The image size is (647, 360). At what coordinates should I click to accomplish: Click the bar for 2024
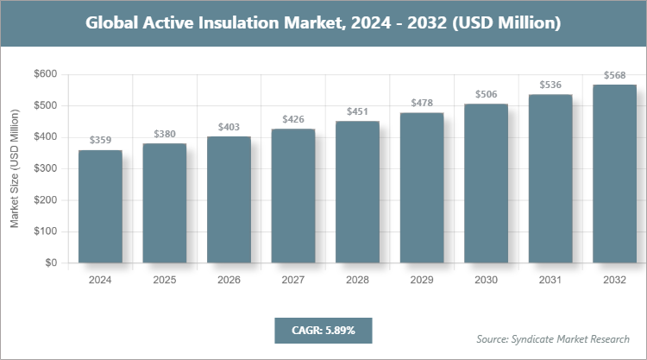pos(100,206)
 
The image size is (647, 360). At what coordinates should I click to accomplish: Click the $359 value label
pos(100,140)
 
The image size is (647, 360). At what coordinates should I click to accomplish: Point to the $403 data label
pos(229,126)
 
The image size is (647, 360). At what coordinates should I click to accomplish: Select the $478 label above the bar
pos(421,103)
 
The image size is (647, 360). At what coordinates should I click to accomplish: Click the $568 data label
pos(614,74)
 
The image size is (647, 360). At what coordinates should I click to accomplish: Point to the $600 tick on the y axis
pos(45,74)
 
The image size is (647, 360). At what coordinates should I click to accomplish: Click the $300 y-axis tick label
pos(45,168)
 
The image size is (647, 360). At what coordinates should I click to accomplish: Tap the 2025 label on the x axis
pos(165,281)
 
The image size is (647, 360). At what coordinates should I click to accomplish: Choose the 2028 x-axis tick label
pos(357,281)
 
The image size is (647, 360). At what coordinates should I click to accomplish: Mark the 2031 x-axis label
pos(550,281)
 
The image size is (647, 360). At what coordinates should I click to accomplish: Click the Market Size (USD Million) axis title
pos(15,168)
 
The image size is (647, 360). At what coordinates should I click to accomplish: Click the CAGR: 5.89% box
pos(323,330)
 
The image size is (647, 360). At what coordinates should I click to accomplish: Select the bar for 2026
pos(229,199)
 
